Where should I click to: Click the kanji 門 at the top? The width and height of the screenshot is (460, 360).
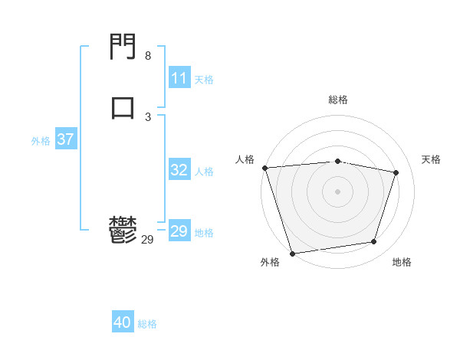point(123,47)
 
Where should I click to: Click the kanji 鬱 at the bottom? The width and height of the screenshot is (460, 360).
point(123,230)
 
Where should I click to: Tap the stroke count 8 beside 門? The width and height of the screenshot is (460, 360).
point(148,56)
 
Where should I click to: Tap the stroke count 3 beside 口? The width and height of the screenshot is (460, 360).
point(148,116)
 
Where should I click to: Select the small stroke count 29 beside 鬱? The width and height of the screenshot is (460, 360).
point(148,240)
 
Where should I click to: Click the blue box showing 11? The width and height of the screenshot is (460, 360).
point(179,78)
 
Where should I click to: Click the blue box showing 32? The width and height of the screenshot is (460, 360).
point(179,170)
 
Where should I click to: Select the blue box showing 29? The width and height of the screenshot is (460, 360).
point(179,231)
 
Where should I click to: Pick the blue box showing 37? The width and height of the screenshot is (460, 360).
point(66,139)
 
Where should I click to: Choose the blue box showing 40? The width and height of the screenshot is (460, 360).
point(123,322)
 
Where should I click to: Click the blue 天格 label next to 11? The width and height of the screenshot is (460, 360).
point(204,79)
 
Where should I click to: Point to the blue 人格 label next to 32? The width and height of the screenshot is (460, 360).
point(204,172)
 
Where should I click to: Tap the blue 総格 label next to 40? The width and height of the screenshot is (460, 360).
point(147,324)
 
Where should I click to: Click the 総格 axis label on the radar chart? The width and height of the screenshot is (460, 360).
point(338,100)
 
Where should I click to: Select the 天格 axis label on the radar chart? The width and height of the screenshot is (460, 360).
point(432,159)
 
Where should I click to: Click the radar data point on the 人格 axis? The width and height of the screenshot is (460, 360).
point(264,168)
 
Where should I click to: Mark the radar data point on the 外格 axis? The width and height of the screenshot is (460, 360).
point(292,253)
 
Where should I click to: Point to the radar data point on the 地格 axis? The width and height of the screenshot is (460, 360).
point(374,242)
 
